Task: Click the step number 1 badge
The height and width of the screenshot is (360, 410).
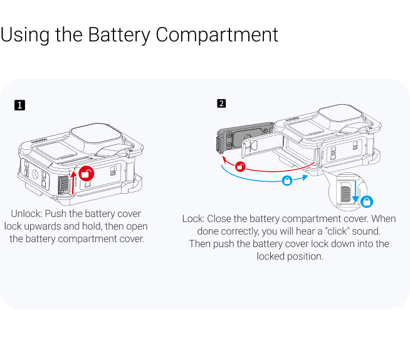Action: [x=20, y=105]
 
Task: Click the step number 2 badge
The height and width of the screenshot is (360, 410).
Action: [x=221, y=103]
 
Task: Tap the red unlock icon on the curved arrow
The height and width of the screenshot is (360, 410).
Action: [x=239, y=166]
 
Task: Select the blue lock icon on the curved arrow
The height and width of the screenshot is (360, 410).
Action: [x=287, y=180]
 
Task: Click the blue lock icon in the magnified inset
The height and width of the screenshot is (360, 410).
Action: [x=367, y=202]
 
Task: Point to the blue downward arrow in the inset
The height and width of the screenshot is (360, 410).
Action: [x=355, y=191]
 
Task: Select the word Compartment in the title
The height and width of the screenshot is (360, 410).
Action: [x=217, y=34]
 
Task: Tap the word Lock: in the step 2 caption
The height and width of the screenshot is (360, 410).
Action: [x=193, y=219]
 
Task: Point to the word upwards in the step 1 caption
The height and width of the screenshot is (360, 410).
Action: [x=42, y=226]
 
